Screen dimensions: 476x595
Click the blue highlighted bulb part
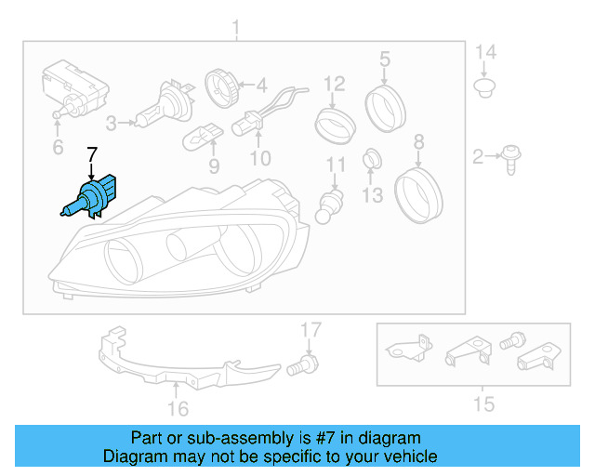coord(89,199)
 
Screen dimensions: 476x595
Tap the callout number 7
coord(91,153)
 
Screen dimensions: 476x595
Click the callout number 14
coord(485,52)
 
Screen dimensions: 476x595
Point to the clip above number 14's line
coord(483,88)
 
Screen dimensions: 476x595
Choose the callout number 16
coord(178,408)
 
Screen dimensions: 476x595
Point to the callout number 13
coord(372,194)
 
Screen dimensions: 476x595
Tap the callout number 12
coord(335,87)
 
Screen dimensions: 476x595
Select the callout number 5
coord(384,60)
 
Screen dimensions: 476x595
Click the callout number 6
coord(58,148)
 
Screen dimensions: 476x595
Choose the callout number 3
coord(112,122)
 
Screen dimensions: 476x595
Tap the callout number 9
coord(214,166)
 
